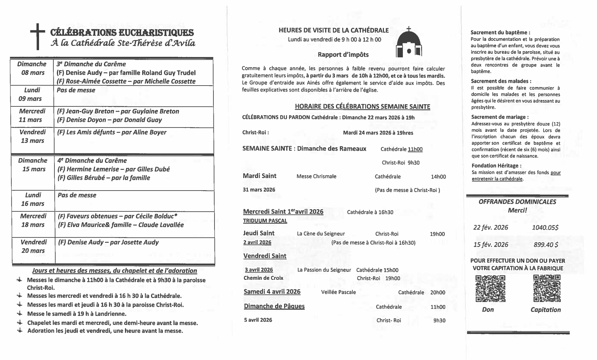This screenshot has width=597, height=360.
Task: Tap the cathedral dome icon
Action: pos(409,44)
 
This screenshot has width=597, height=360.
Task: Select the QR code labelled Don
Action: pos(490,288)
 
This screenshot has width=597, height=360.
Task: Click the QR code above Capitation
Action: pos(547,288)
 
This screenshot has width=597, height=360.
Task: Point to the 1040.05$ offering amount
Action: pos(545,227)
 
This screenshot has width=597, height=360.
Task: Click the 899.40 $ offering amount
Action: pos(546,245)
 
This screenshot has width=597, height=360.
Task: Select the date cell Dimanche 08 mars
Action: pos(32,68)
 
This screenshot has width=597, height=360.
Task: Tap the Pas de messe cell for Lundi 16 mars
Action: pos(77,195)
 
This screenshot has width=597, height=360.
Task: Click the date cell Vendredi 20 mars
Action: pos(33,246)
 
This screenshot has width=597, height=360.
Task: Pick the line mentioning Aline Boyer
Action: pos(112,132)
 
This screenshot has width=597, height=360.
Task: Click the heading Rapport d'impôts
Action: pos(343,55)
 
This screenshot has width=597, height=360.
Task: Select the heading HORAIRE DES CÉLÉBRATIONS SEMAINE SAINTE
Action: pos(362,106)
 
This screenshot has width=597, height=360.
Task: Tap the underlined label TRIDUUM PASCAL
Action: pos(265,221)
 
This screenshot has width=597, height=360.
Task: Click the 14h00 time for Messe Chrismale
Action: pos(438,177)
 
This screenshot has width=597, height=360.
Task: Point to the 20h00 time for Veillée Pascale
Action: pos(438,292)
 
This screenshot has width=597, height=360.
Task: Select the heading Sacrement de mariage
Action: pos(500,117)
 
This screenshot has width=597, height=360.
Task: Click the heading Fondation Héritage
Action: pos(496,165)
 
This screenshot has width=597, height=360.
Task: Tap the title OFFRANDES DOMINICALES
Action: pos(517,202)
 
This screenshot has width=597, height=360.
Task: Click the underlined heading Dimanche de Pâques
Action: pos(274,306)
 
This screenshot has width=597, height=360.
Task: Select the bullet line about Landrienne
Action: pos(77,314)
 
